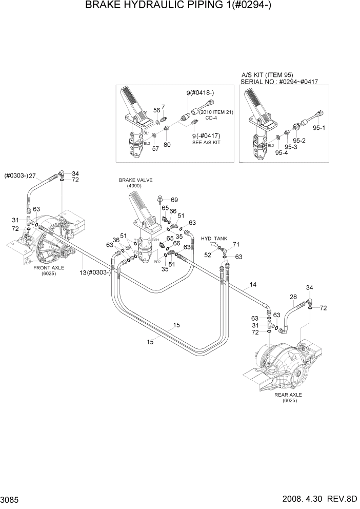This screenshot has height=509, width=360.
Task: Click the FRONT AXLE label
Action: tap(49, 268)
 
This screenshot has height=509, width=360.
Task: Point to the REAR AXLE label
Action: tap(288, 395)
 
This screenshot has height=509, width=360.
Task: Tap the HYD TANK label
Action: tap(213, 239)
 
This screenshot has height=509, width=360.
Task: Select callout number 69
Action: tap(174, 200)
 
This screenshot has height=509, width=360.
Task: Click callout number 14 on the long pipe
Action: tap(252, 284)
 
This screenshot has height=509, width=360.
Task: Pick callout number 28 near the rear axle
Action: tap(293, 297)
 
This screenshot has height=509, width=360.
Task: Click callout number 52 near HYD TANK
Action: tap(208, 254)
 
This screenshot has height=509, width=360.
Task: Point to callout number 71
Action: tap(236, 244)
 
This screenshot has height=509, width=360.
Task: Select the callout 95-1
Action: tap(318, 128)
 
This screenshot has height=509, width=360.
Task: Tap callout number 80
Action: tap(167, 145)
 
